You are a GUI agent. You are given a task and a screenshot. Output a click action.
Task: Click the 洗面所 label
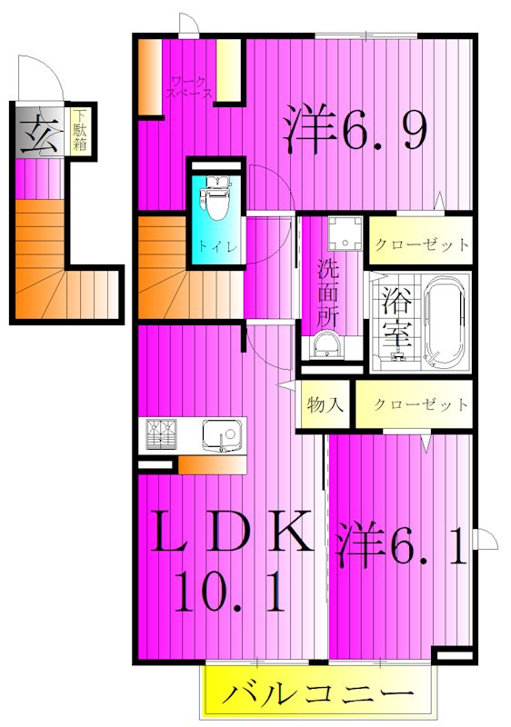pyautogui.click(x=328, y=290)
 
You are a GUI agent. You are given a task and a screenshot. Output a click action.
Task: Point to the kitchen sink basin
pyautogui.click(x=221, y=435)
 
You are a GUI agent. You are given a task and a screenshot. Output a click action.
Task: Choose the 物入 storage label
pyautogui.click(x=326, y=403)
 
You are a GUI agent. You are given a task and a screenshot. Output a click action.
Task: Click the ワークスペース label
pyautogui.click(x=190, y=87)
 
